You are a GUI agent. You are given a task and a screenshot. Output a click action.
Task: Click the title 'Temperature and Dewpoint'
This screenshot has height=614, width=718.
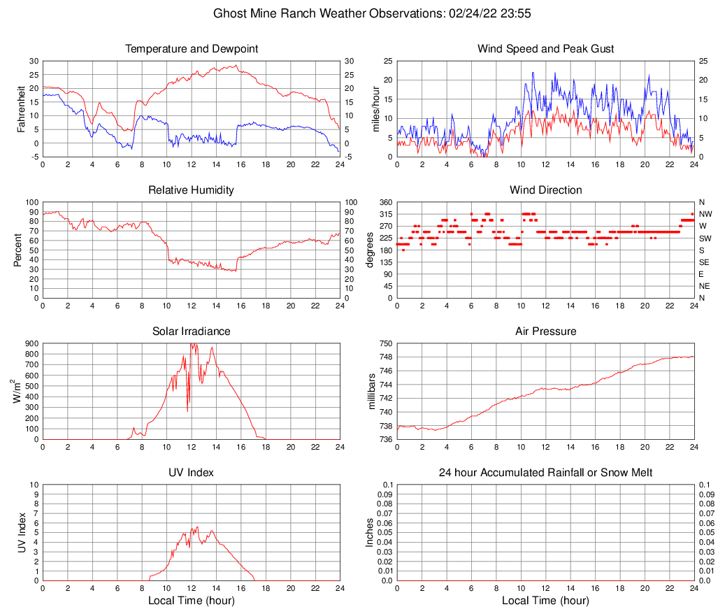pyautogui.click(x=191, y=49)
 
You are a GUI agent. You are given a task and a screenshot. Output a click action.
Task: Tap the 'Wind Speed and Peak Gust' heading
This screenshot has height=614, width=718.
pyautogui.click(x=545, y=49)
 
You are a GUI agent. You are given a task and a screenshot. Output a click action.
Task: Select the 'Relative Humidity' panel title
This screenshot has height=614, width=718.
pyautogui.click(x=191, y=190)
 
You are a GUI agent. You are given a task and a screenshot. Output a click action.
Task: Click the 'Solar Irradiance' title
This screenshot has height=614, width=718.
pyautogui.click(x=191, y=331)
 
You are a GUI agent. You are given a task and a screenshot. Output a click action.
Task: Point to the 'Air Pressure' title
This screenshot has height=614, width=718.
pyautogui.click(x=545, y=331)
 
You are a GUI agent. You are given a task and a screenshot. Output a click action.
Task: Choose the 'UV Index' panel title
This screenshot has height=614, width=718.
pyautogui.click(x=191, y=473)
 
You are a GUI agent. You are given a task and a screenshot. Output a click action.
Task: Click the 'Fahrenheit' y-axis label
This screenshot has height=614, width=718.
pyautogui.click(x=22, y=108)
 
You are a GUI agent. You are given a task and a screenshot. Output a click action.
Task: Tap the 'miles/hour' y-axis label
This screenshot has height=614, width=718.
pyautogui.click(x=375, y=108)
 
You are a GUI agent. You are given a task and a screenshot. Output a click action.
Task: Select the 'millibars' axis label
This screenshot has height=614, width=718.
pyautogui.click(x=372, y=392)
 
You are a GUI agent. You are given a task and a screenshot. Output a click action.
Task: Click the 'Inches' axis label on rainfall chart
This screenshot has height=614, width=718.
pyautogui.click(x=371, y=533)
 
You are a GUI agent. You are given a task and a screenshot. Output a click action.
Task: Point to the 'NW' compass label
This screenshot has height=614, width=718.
pyautogui.click(x=705, y=214)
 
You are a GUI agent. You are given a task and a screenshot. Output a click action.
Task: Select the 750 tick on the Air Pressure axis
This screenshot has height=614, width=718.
pyautogui.click(x=384, y=343)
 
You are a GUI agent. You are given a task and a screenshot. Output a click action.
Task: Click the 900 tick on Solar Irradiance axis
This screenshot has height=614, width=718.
pyautogui.click(x=31, y=343)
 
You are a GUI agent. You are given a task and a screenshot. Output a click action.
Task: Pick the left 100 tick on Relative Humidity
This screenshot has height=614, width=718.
pyautogui.click(x=31, y=202)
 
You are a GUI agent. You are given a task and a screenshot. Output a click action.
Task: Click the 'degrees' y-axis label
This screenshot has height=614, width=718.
pyautogui.click(x=371, y=250)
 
